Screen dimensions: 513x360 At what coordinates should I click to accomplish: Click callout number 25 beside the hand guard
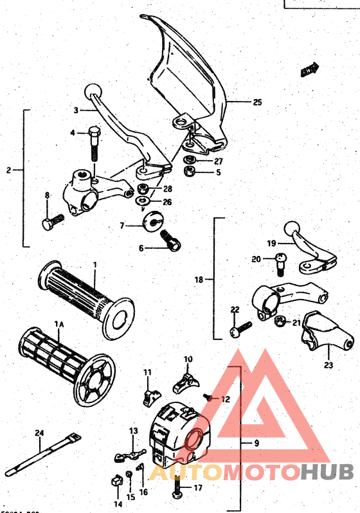(x=257, y=102)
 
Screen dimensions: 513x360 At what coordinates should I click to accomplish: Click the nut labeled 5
(x=190, y=172)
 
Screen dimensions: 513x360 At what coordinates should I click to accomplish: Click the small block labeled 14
(x=116, y=479)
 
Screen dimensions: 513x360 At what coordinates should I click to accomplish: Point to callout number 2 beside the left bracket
(x=8, y=170)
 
